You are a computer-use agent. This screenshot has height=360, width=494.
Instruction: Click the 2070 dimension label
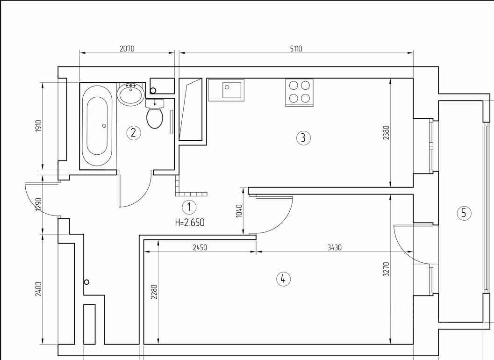click(x=127, y=49)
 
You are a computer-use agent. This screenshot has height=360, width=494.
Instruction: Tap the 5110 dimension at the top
click(x=296, y=49)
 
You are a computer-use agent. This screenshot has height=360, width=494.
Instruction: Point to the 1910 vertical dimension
click(x=38, y=126)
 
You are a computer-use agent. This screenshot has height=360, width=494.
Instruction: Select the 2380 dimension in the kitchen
click(x=386, y=132)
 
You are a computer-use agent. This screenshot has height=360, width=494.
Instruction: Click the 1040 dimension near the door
click(x=239, y=210)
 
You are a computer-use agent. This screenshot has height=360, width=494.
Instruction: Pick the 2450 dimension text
click(x=200, y=247)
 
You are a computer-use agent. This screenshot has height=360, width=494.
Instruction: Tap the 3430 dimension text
click(x=334, y=247)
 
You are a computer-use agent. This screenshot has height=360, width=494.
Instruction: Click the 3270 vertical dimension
click(x=386, y=269)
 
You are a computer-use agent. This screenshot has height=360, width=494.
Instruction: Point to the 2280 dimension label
click(x=154, y=292)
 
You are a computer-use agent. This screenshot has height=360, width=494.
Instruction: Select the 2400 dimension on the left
click(x=38, y=289)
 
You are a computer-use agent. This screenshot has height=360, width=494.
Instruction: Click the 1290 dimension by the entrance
click(x=38, y=204)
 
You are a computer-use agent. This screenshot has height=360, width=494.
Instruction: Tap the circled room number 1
click(x=189, y=207)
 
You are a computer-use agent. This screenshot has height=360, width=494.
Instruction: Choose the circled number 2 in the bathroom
click(x=134, y=133)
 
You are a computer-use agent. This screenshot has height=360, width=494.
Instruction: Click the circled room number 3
click(x=303, y=138)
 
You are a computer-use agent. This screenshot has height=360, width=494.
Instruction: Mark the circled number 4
click(x=283, y=279)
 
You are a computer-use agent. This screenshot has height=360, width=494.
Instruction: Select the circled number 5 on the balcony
click(x=464, y=213)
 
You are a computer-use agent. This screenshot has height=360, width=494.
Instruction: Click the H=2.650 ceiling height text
click(x=190, y=223)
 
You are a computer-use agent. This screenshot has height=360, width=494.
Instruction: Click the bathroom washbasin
click(x=131, y=94)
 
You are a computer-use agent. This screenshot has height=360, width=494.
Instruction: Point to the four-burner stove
click(x=299, y=92)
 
